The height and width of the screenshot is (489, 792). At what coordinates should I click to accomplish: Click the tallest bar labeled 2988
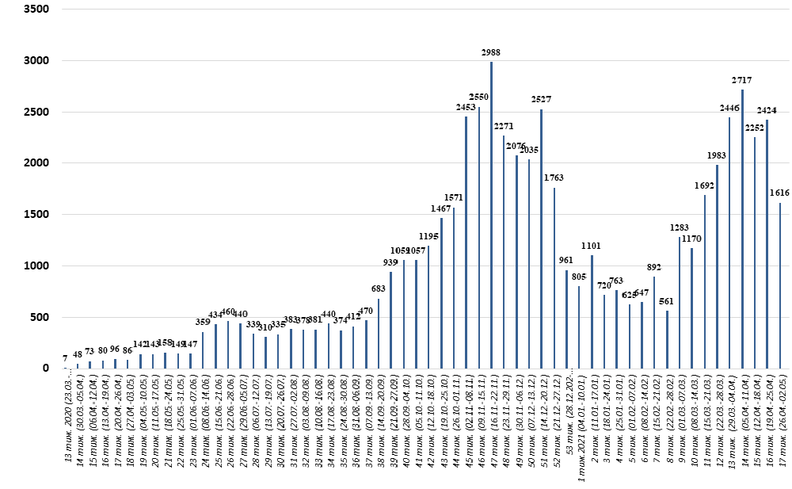pos(491,215)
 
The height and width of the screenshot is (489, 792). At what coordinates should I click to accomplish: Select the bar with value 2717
pos(742,229)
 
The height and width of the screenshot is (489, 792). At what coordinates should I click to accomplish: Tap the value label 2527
pos(542,100)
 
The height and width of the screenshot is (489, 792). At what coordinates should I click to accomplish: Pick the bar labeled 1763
pos(554,278)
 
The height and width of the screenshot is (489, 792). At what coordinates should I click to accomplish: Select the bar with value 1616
pos(780,285)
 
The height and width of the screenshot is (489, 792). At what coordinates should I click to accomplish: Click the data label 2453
pos(466,107)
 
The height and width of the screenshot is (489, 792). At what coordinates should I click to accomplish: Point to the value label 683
pos(379,289)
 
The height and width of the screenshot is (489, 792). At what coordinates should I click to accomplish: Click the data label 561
pos(667,301)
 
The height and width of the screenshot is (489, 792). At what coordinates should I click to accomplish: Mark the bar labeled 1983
pos(717,266)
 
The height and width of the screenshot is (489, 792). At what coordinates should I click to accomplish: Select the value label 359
pos(204,322)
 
